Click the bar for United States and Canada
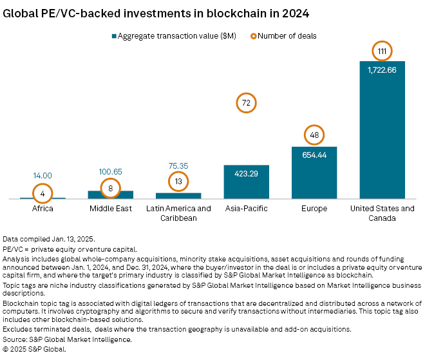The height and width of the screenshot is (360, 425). pos(382,135)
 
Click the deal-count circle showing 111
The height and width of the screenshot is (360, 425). pos(382,50)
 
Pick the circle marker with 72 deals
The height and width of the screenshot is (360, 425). pos(246,102)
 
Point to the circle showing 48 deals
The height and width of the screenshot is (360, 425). pos(314,135)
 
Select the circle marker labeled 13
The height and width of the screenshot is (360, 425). pos(178,182)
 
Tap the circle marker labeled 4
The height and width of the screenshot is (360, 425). pos(42,193)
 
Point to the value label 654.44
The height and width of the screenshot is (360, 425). pos(314,155)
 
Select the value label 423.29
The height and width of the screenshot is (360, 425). pos(246,173)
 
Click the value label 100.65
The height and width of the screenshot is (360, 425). pos(111,173)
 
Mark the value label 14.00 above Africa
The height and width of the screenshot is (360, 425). pos(42,175)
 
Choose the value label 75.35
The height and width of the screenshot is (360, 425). pos(178,166)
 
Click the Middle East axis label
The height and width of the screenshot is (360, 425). pos(111,209)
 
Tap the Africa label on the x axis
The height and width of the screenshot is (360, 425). pos(42,209)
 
